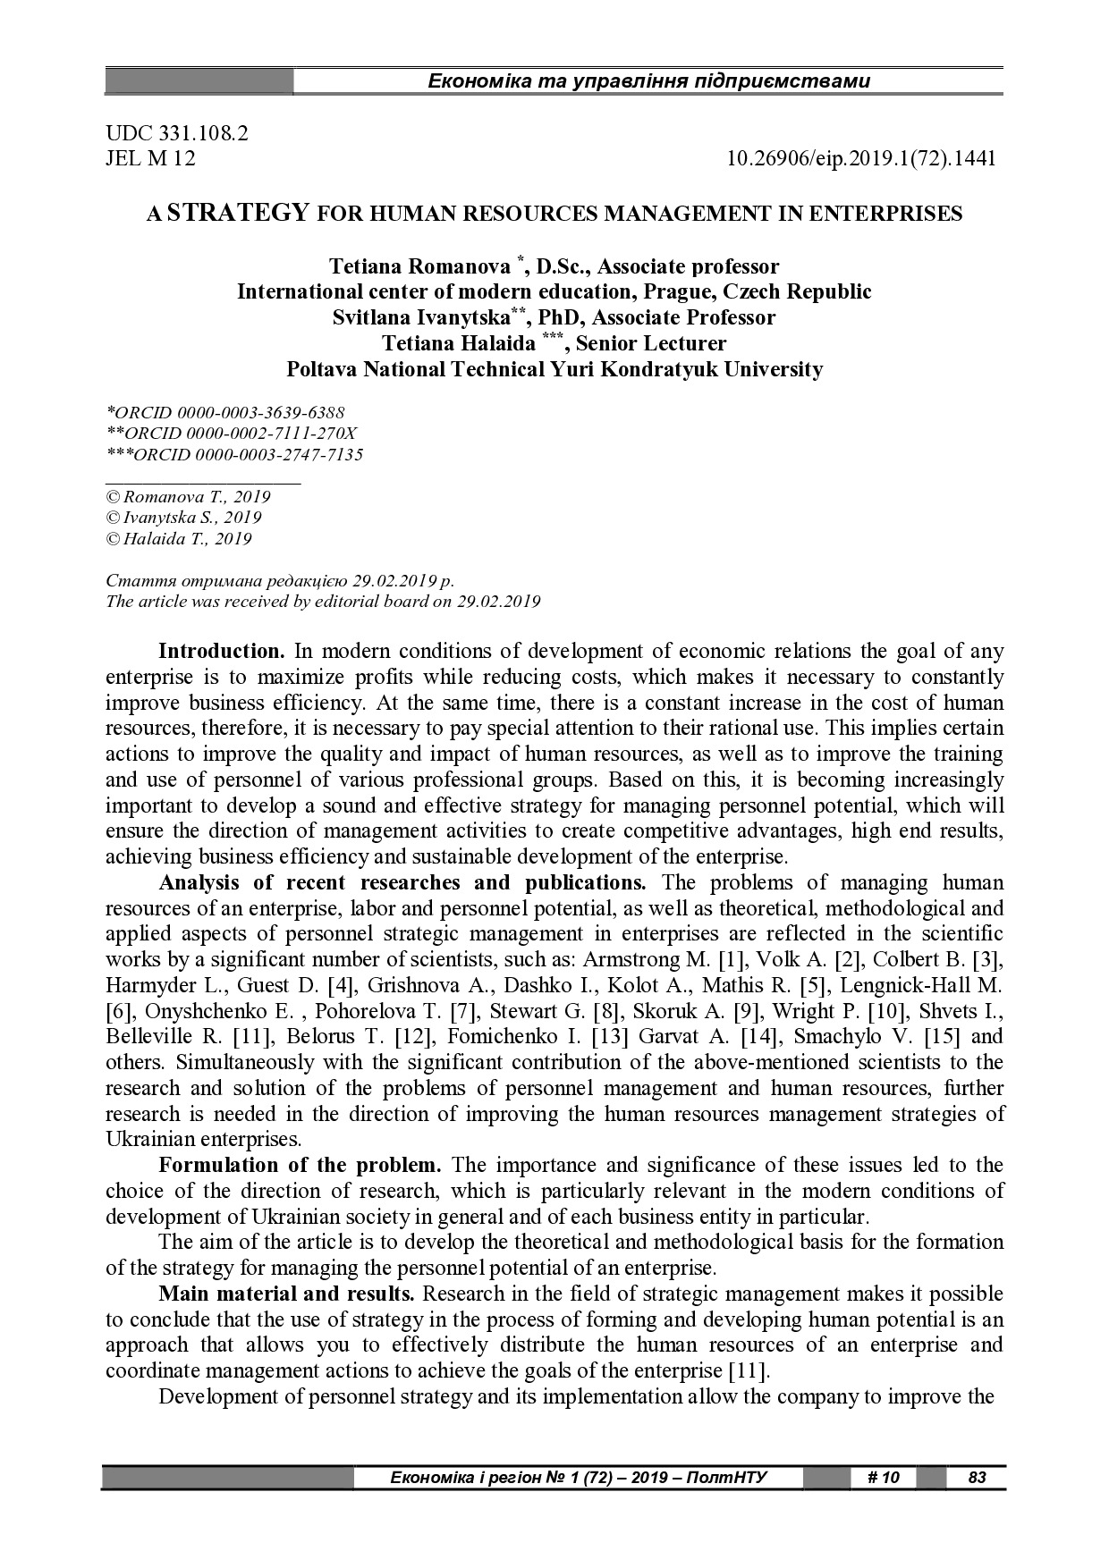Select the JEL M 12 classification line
click(150, 159)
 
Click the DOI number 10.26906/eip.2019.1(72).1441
click(861, 159)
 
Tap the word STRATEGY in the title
click(239, 213)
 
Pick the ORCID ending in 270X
click(232, 434)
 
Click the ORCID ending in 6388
click(225, 413)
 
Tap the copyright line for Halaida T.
click(179, 539)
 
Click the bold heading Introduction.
click(221, 651)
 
